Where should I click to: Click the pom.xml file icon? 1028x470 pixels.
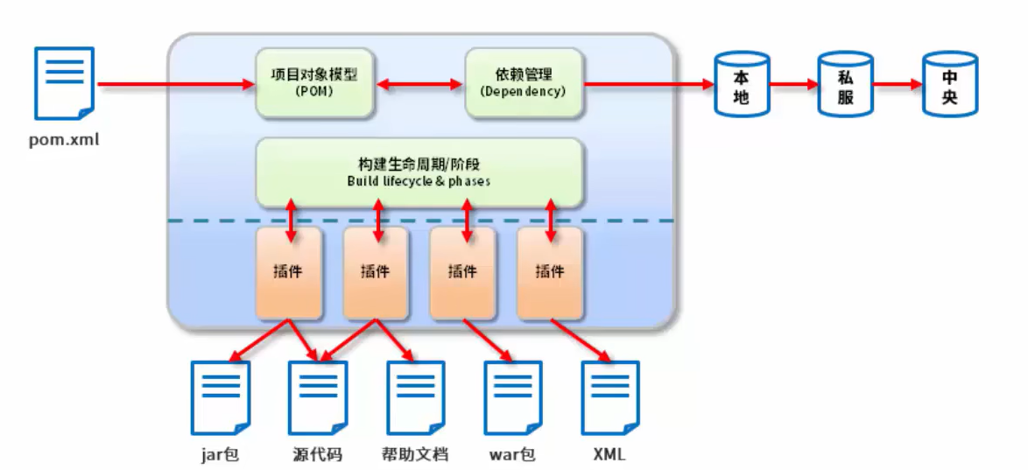[64, 83]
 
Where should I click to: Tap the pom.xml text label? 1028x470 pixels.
[62, 137]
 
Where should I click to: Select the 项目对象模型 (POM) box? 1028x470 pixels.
[314, 84]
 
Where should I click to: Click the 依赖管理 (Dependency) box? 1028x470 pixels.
[524, 84]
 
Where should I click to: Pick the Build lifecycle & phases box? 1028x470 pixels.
[419, 172]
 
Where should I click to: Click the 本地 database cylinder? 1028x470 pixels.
[741, 84]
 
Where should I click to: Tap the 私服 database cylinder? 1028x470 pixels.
[845, 84]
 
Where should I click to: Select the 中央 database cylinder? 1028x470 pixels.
[949, 84]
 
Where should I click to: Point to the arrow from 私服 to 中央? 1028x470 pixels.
[898, 85]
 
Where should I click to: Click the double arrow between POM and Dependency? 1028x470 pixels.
[419, 85]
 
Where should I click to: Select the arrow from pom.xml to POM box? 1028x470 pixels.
[175, 85]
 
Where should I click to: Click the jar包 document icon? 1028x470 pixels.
[221, 398]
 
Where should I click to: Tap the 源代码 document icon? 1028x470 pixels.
[318, 398]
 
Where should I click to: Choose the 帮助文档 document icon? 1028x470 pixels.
[415, 398]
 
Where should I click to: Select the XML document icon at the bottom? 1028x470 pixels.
[610, 398]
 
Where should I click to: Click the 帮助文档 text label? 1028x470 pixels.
[415, 454]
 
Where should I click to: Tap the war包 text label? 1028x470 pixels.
[512, 454]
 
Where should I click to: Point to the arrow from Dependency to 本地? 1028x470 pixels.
[648, 85]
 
